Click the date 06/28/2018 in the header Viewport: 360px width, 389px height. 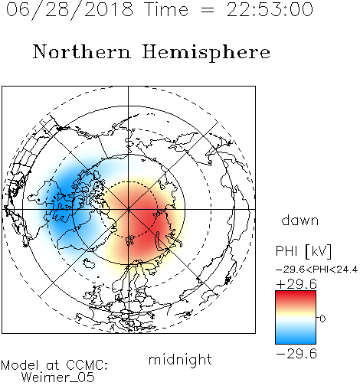(70, 10)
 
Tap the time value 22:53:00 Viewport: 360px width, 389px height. (270, 9)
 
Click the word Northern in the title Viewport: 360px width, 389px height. (82, 51)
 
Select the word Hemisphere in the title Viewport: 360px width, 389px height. (206, 53)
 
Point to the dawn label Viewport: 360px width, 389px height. (300, 220)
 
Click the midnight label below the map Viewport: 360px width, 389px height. (180, 360)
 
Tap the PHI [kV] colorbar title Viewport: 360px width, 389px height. (303, 251)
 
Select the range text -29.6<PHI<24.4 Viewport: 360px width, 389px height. (316, 270)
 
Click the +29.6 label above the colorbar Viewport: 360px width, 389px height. (296, 284)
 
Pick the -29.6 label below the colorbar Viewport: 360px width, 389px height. (296, 354)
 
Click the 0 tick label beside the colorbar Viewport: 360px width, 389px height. (322, 319)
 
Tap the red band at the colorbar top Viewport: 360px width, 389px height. (296, 296)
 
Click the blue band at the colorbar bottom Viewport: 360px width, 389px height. (296, 338)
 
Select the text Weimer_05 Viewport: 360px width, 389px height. (57, 377)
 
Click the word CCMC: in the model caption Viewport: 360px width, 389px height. (87, 365)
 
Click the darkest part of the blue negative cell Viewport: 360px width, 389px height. (64, 201)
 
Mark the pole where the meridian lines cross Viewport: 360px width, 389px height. (128, 209)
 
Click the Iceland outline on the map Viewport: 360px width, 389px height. (89, 263)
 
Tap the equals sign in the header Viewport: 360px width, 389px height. (208, 10)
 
